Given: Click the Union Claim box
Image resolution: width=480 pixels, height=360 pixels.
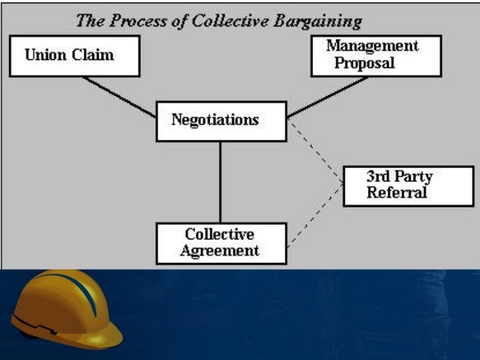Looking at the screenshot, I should click(74, 56).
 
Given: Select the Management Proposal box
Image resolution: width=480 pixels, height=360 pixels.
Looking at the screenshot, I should click(372, 55).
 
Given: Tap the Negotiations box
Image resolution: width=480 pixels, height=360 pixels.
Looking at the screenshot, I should click(221, 121).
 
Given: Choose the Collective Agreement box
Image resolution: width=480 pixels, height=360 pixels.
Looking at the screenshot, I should click(221, 243).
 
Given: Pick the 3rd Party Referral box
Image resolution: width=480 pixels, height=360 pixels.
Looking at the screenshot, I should click(399, 185).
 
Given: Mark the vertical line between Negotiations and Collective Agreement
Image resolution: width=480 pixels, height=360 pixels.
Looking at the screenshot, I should click(220, 181).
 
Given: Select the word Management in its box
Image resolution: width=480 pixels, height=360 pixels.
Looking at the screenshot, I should click(372, 46).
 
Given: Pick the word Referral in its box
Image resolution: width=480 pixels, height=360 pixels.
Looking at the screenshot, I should click(398, 193).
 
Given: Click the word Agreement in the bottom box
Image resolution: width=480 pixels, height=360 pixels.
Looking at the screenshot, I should click(220, 251).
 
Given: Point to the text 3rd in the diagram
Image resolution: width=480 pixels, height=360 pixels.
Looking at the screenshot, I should click(378, 177).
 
